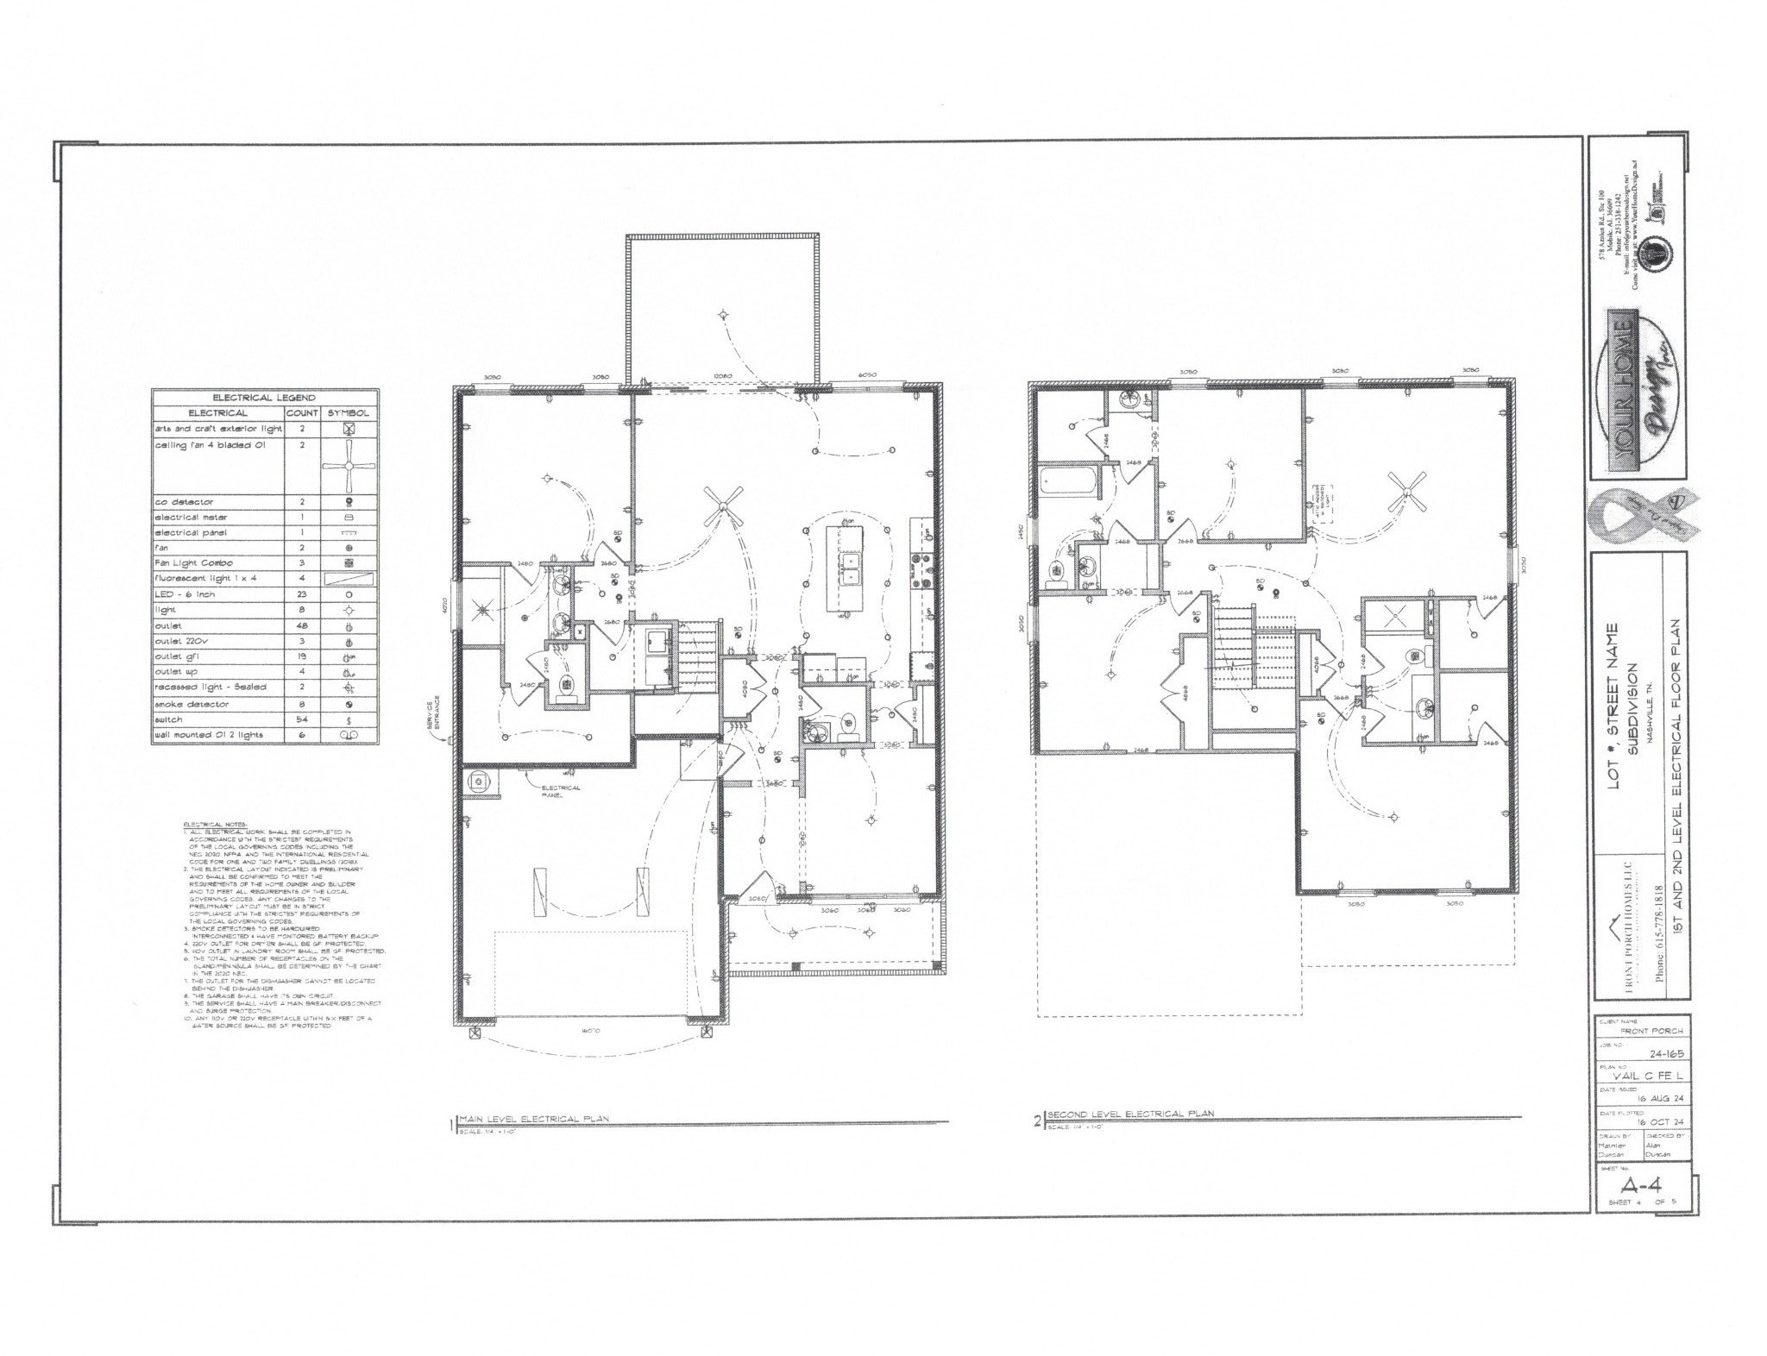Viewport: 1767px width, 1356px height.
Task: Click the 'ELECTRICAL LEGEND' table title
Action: (264, 397)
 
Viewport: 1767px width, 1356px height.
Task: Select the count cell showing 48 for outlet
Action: (302, 625)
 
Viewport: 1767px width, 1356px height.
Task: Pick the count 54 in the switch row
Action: (302, 719)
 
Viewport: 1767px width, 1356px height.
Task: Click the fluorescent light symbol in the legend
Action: (349, 579)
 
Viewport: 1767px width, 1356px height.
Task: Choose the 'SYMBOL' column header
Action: (349, 412)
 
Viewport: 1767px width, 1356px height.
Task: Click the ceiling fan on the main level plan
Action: (724, 505)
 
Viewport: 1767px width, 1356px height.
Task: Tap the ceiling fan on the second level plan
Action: (1407, 493)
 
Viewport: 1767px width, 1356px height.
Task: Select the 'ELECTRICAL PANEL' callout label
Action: (561, 791)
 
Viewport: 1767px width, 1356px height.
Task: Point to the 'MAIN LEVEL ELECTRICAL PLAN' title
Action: (535, 1118)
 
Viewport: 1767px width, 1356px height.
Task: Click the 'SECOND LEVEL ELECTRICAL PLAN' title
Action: (1129, 1114)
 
